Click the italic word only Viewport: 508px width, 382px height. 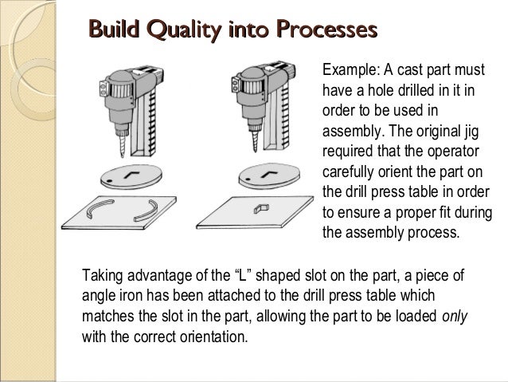click(455, 317)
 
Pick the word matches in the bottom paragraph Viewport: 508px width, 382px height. click(107, 317)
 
